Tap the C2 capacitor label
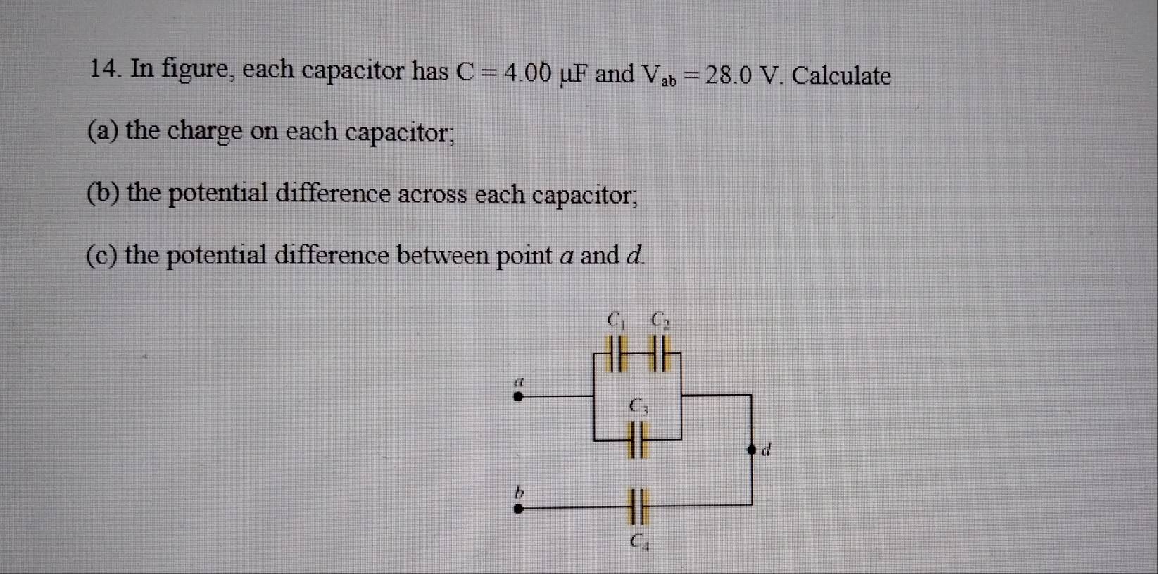(x=660, y=320)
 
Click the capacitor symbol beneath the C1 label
(x=616, y=354)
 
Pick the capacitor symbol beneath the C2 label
(x=660, y=354)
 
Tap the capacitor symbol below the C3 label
(x=637, y=440)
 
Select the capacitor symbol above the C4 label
(x=637, y=507)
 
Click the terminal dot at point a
(x=518, y=397)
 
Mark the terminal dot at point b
(x=518, y=509)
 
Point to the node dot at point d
(x=752, y=450)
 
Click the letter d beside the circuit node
(x=767, y=449)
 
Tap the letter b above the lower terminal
(x=520, y=492)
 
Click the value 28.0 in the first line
(x=729, y=75)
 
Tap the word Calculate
(x=842, y=76)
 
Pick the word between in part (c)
(x=443, y=255)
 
